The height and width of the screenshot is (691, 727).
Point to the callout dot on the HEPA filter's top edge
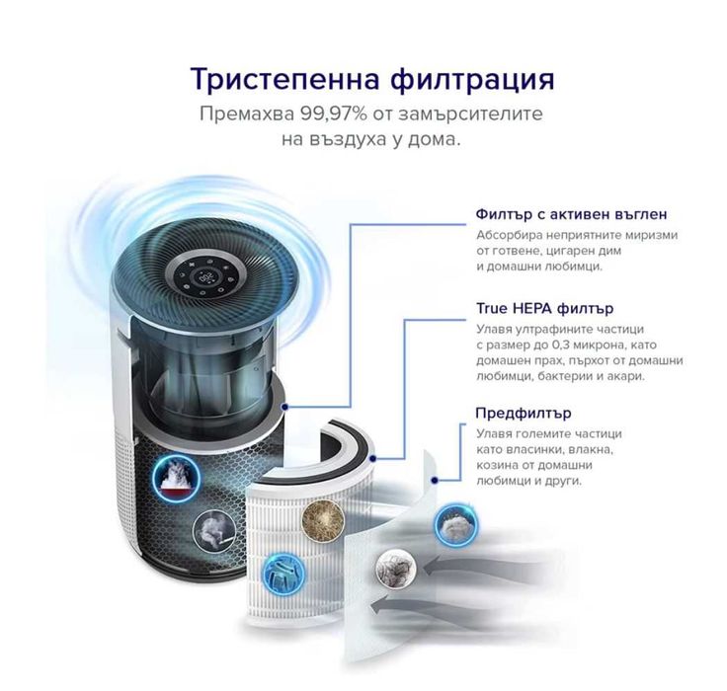(x=372, y=457)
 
